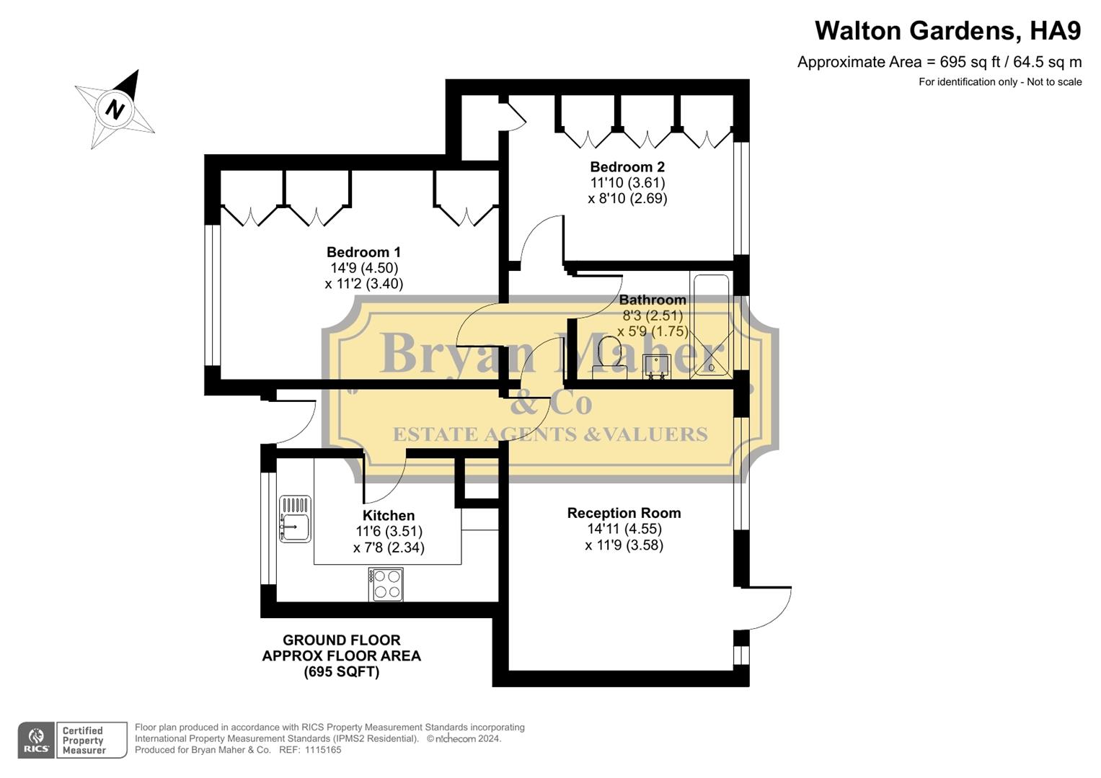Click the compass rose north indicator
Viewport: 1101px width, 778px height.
(x=115, y=109)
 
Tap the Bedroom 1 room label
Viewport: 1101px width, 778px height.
(x=363, y=252)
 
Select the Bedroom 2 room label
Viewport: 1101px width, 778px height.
(x=627, y=167)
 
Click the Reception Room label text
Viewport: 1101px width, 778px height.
(x=624, y=513)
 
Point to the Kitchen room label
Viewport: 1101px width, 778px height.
(x=388, y=516)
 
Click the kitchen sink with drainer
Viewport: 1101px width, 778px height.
(x=295, y=519)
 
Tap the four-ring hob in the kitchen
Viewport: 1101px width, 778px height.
(x=386, y=584)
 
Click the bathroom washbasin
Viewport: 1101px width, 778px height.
(x=656, y=366)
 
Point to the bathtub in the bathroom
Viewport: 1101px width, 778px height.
(x=709, y=326)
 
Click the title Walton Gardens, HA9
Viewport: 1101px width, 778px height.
(x=947, y=31)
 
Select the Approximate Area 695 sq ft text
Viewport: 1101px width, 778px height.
(x=939, y=62)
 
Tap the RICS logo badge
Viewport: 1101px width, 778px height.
(x=36, y=740)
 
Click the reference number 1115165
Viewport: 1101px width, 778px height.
(x=323, y=750)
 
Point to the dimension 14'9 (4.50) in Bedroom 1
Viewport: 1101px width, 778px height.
(x=363, y=268)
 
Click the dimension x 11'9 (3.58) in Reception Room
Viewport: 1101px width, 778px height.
(x=624, y=545)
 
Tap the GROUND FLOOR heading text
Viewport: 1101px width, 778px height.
(x=341, y=640)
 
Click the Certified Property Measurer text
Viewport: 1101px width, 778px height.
(x=84, y=741)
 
